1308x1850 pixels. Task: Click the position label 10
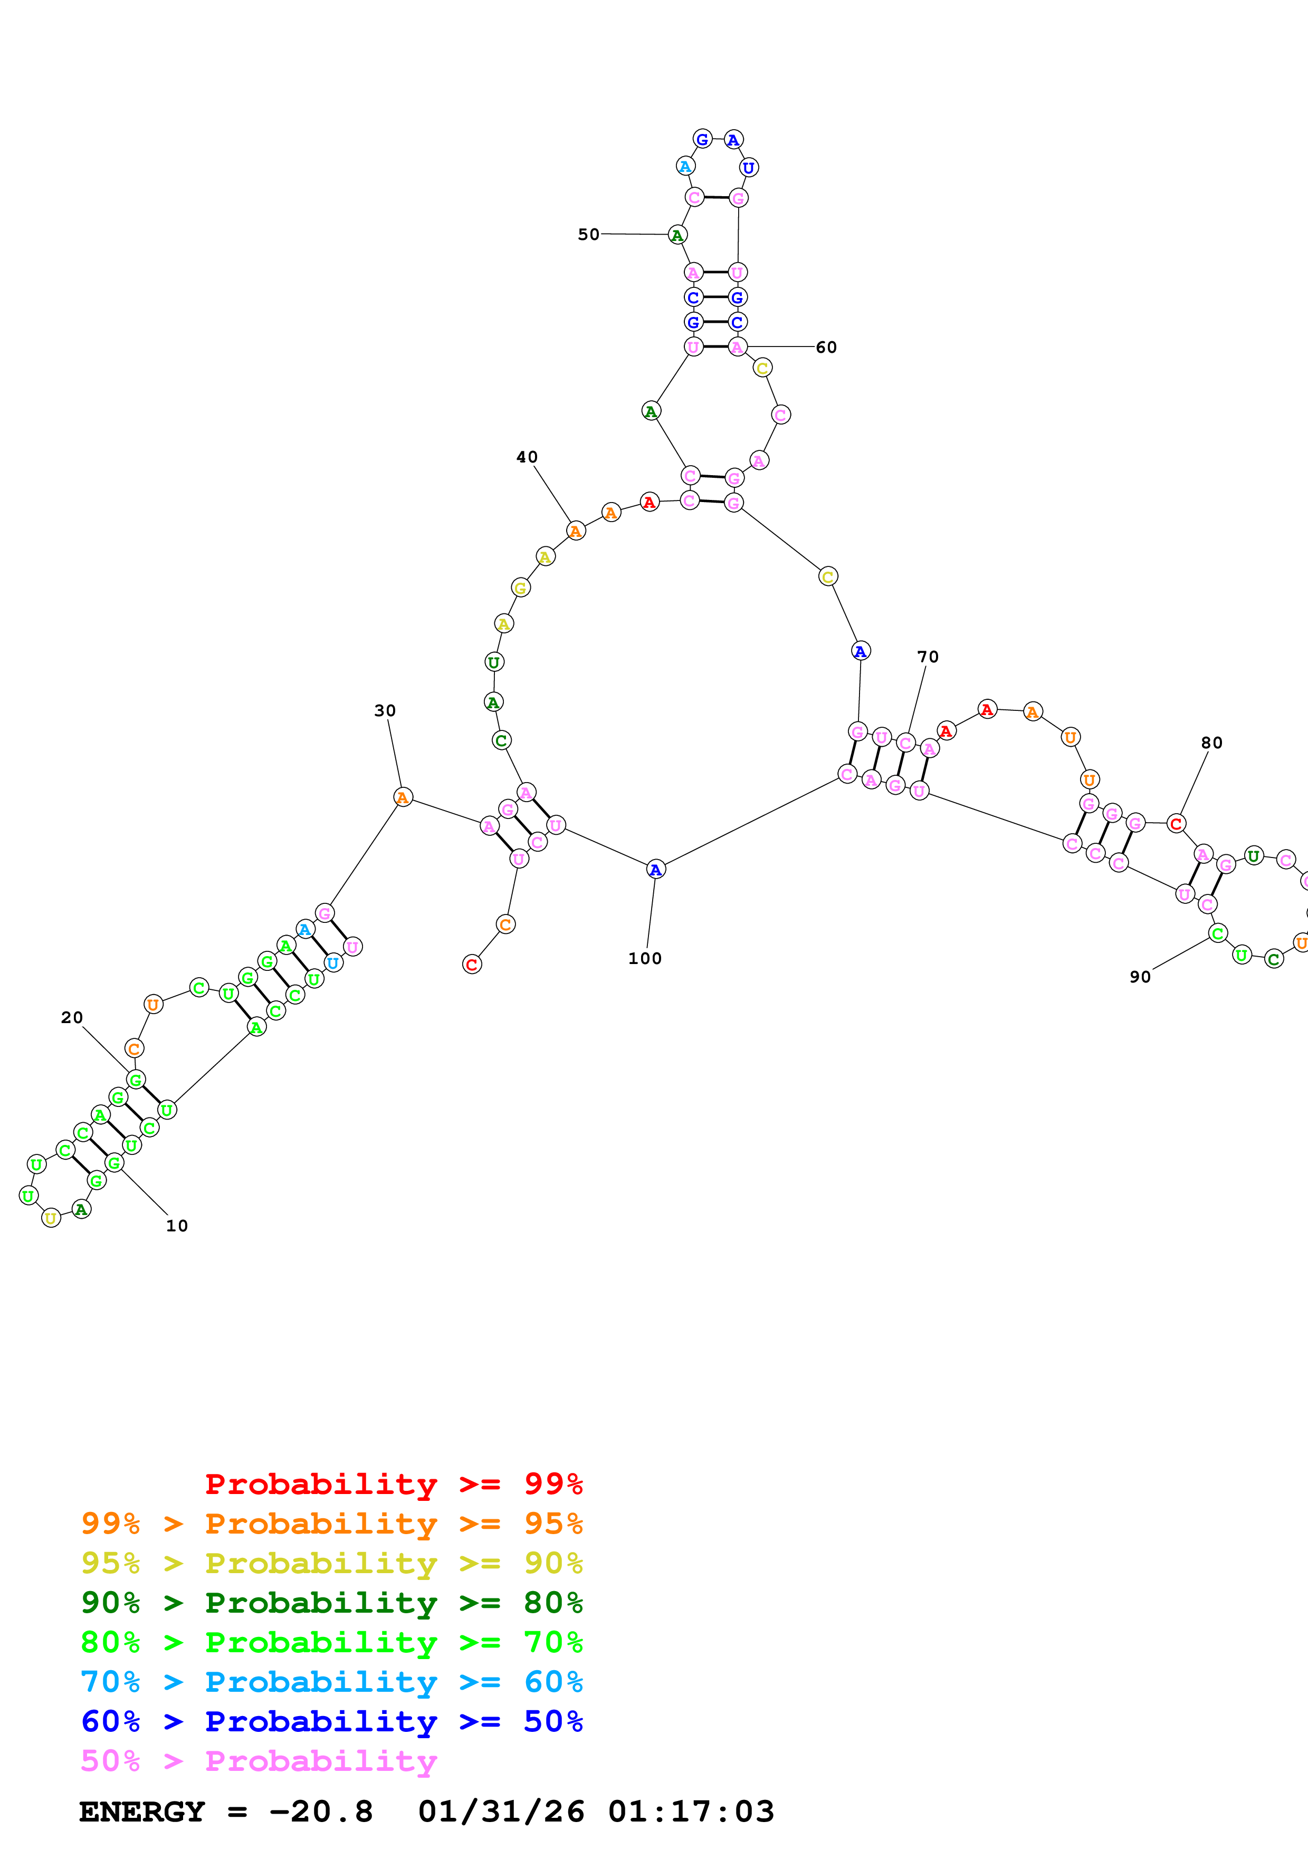(x=177, y=1226)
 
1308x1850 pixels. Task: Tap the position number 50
(x=588, y=235)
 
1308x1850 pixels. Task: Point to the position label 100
(x=645, y=958)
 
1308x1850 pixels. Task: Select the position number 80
(x=1211, y=743)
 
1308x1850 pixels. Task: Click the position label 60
(x=826, y=348)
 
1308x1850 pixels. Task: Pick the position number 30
(x=385, y=711)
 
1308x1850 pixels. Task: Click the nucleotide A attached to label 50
(x=677, y=235)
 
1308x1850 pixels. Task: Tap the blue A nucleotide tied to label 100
(x=656, y=870)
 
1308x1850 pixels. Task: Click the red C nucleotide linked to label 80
(x=1176, y=823)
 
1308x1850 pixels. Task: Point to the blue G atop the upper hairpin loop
(x=702, y=139)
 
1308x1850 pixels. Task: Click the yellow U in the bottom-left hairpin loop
(x=51, y=1218)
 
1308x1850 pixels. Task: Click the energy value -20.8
(x=321, y=1812)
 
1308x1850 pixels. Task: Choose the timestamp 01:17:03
(x=691, y=1812)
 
